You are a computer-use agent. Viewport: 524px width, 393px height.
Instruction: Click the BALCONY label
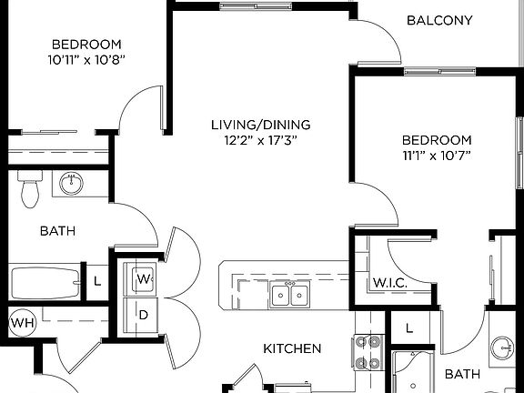[439, 20]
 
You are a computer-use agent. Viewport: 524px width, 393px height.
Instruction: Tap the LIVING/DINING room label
[260, 125]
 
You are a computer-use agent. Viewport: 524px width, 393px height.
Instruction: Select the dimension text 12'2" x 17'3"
[260, 140]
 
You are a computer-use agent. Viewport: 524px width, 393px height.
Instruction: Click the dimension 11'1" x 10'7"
[438, 156]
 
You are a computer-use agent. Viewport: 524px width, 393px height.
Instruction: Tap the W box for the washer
[144, 278]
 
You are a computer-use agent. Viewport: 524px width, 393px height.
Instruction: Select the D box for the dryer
[144, 314]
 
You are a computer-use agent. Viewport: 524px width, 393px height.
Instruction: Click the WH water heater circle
[21, 322]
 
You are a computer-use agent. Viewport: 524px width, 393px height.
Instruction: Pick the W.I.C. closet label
[388, 283]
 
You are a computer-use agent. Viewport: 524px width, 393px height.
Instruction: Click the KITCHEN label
[292, 348]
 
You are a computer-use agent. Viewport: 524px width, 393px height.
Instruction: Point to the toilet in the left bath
[30, 187]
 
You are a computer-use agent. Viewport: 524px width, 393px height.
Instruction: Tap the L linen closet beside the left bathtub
[97, 281]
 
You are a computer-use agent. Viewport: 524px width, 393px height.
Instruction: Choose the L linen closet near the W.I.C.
[408, 327]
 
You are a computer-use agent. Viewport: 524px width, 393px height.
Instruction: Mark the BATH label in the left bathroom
[57, 231]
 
